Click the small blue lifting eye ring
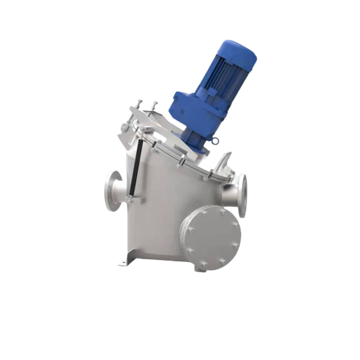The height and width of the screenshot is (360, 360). (x=215, y=141)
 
